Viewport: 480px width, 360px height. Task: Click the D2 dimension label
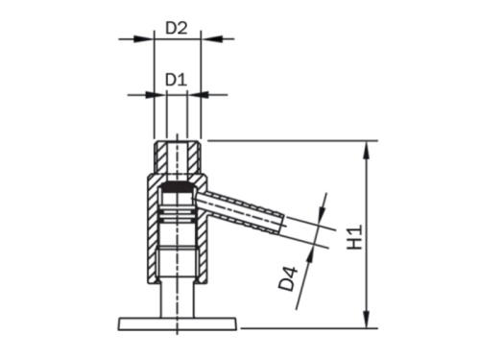[176, 28]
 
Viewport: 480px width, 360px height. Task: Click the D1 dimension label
[175, 79]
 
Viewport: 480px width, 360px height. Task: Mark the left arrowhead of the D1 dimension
[153, 94]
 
